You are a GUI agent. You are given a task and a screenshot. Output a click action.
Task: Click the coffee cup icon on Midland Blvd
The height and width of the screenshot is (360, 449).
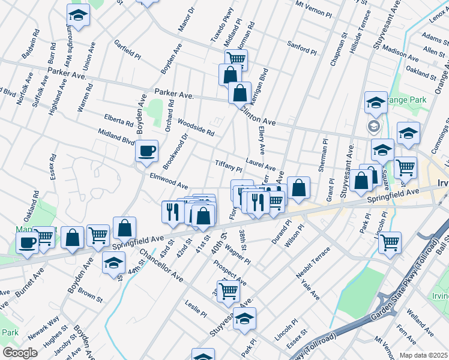pos(146,151)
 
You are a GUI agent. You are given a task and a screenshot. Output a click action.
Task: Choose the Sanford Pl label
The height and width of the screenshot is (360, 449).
pos(302,47)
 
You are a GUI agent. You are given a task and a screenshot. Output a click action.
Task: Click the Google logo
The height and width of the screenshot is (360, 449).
pos(20,352)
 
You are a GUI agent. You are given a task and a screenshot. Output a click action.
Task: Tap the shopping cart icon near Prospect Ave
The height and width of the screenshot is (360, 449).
pos(228,290)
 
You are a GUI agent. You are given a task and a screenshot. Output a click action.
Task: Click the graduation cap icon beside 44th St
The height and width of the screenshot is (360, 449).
pos(113,263)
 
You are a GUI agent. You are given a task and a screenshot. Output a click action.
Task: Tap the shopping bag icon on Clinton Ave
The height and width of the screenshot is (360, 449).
pos(240,93)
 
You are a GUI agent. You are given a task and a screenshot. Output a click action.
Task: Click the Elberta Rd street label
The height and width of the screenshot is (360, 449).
pos(118,121)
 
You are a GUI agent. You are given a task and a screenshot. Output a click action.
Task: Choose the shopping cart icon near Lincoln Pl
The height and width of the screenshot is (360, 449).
pos(390,242)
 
